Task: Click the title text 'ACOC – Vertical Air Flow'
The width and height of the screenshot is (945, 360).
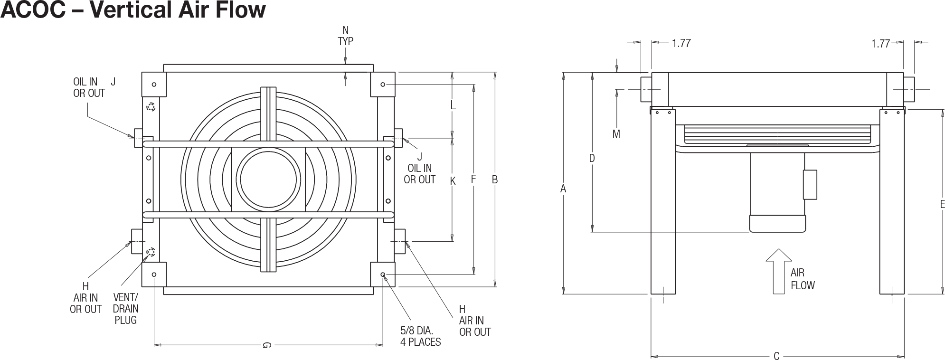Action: click(132, 10)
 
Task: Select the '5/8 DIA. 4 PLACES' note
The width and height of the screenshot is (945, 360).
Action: click(421, 336)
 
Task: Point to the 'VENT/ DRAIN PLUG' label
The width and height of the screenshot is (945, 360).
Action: click(126, 309)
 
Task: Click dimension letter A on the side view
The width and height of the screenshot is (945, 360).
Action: click(563, 189)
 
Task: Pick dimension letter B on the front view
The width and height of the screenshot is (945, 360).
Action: click(495, 180)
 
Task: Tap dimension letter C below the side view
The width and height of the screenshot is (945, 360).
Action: click(776, 356)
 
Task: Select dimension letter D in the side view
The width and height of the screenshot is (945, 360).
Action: click(592, 158)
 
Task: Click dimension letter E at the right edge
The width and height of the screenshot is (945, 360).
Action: click(942, 204)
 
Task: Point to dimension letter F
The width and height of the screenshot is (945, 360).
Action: click(473, 180)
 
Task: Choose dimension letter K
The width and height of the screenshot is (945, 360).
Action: click(453, 181)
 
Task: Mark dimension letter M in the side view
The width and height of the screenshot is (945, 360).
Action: click(616, 134)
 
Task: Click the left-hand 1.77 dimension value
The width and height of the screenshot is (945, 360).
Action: click(681, 43)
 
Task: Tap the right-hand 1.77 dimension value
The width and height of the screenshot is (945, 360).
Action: click(880, 43)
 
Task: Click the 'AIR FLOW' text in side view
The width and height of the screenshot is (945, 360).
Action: click(803, 279)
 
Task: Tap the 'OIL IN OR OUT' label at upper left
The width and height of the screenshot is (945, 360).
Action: click(89, 88)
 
